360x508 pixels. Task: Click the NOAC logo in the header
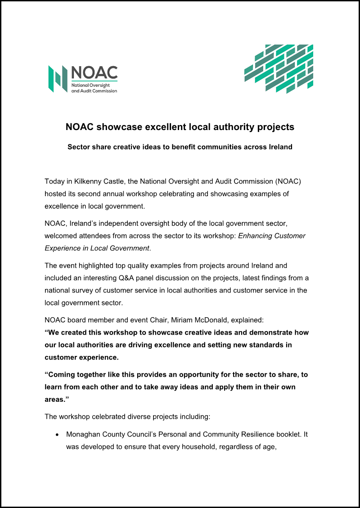83,79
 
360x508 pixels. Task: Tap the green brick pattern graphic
279,68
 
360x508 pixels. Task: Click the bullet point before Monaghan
57,436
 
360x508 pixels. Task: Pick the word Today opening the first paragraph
54,181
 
